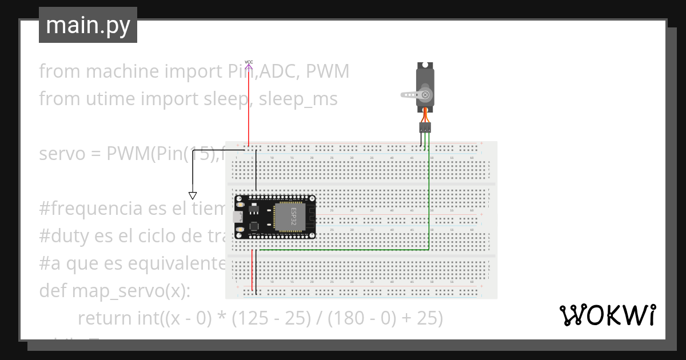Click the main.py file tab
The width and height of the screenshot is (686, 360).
pos(87,25)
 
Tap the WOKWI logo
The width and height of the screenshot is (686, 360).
pos(607,315)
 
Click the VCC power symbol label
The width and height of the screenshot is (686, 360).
pos(249,62)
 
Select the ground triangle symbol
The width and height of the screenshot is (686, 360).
pos(193,195)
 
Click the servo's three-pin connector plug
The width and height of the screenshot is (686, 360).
pos(425,127)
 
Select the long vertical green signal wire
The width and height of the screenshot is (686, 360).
pos(429,194)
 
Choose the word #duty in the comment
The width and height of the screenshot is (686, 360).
pos(61,236)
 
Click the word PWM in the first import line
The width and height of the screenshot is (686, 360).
pos(328,71)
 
